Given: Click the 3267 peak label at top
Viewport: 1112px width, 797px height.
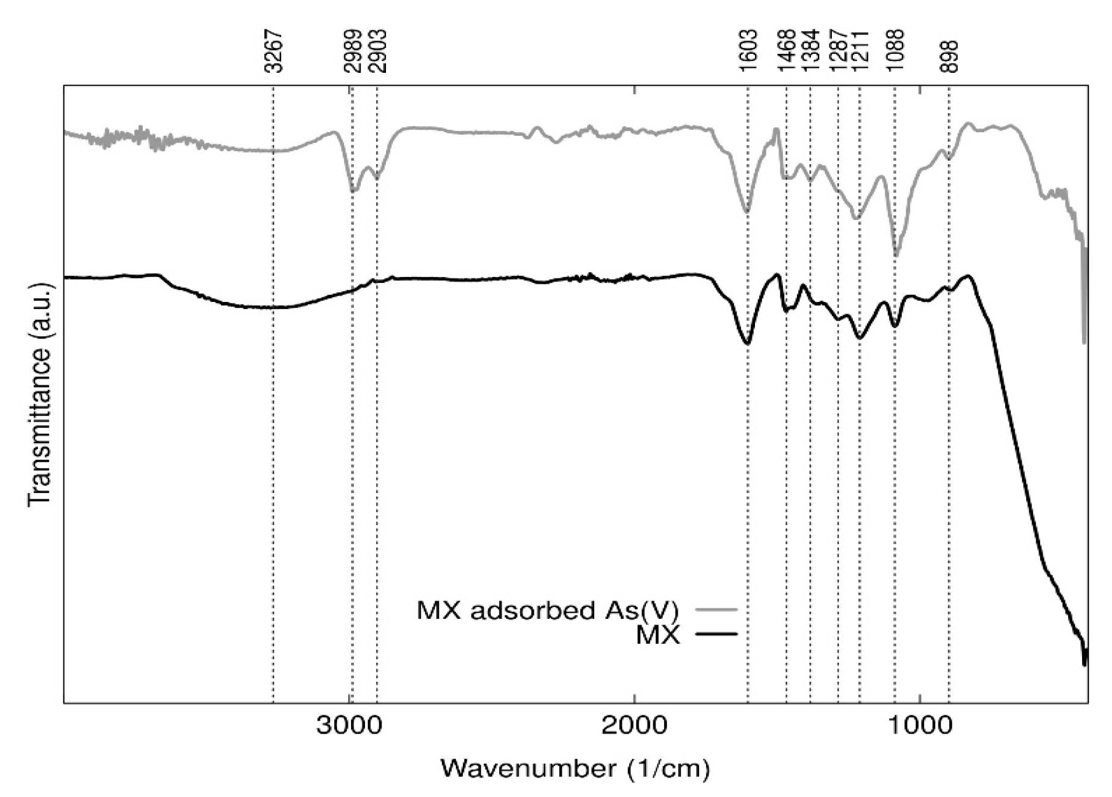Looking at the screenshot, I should click(x=274, y=51).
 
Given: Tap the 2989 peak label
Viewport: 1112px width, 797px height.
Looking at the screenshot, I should click(x=353, y=51).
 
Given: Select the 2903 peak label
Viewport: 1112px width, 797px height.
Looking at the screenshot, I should click(x=377, y=51).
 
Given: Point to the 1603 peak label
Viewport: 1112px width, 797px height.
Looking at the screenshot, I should click(x=748, y=51).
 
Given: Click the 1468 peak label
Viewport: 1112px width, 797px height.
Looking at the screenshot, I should click(x=787, y=51).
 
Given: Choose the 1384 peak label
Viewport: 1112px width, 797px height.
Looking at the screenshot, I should click(x=810, y=51).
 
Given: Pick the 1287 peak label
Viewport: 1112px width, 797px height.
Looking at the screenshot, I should click(x=838, y=51).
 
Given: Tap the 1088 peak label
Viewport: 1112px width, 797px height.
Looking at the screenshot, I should click(x=895, y=51).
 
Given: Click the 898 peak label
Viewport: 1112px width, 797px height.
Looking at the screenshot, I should click(x=949, y=56).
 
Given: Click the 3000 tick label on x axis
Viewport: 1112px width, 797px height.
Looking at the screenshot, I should click(x=349, y=726).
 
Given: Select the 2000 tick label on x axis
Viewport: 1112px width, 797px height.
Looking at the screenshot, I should click(x=634, y=726).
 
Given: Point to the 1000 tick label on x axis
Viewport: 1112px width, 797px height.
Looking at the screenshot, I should click(x=920, y=726).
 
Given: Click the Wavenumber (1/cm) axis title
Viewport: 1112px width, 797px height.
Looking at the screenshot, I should click(x=575, y=769).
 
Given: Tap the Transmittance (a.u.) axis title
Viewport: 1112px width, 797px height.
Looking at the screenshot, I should click(x=40, y=394).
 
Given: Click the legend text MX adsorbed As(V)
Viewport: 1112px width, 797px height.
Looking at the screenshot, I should click(x=548, y=610).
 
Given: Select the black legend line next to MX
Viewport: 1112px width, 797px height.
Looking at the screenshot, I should click(x=716, y=634).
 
